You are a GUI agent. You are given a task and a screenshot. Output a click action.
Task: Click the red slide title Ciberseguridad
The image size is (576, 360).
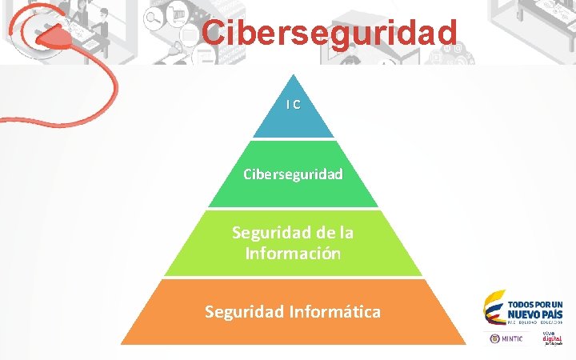(330, 33)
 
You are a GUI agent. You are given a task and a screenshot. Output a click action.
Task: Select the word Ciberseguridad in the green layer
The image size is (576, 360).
(294, 174)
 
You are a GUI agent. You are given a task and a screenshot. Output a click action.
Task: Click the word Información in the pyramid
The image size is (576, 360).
(294, 254)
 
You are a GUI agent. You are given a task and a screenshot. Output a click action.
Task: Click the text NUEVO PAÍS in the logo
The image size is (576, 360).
(535, 314)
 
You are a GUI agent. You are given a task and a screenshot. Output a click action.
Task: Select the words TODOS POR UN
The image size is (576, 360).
(535, 304)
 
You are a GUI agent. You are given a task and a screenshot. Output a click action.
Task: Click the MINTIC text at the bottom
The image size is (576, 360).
(513, 338)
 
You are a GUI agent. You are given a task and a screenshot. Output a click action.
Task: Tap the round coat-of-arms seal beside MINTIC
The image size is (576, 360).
(494, 338)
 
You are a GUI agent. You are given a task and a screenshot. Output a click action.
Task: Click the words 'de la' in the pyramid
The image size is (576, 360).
(338, 233)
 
